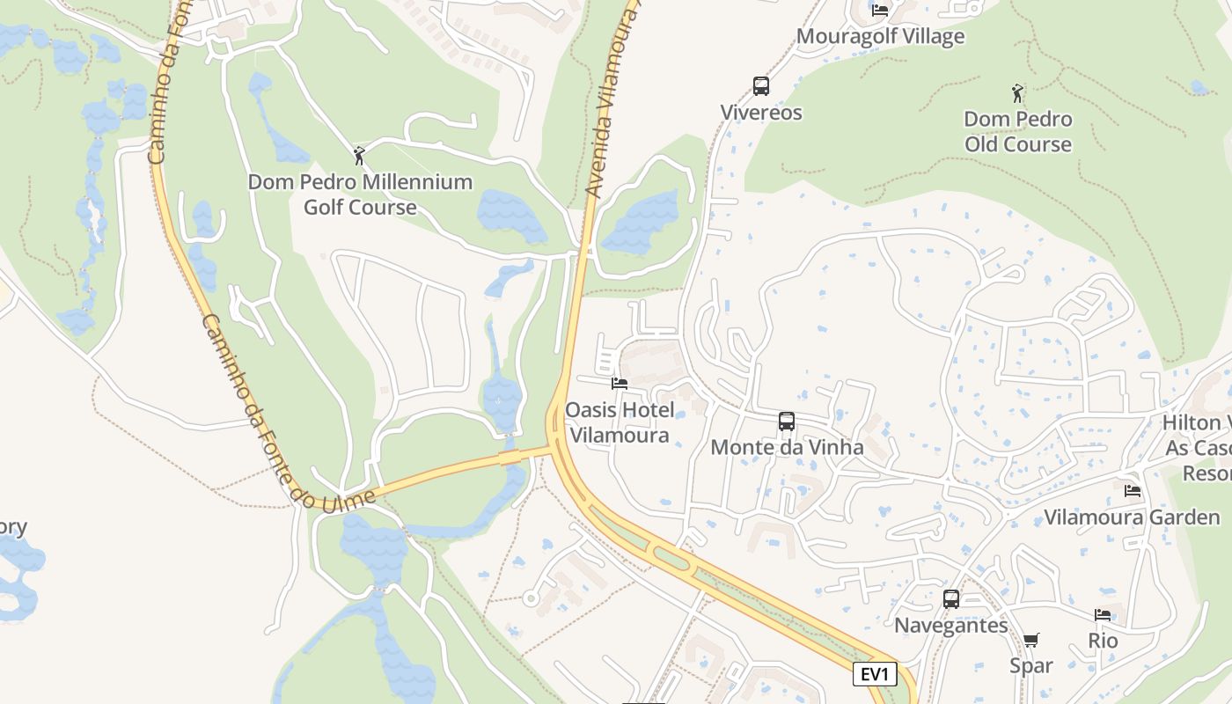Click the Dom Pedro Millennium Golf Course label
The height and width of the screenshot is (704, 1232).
360,194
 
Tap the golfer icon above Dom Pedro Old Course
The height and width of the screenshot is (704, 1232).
1018,92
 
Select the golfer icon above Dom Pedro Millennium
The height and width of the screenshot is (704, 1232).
359,156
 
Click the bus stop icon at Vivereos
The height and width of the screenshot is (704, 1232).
761,86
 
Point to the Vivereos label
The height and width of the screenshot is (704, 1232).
761,113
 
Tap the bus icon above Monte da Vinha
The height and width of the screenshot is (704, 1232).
787,422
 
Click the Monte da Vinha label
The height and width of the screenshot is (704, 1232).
787,447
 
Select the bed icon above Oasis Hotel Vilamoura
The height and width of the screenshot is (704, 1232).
620,384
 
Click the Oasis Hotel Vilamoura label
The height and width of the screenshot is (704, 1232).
620,422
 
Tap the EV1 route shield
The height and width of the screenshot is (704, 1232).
875,675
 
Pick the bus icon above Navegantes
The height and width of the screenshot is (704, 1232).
951,599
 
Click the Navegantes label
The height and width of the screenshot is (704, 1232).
951,626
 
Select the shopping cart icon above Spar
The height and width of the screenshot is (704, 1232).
1031,640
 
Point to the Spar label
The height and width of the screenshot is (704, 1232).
1031,665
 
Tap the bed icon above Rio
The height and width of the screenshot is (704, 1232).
1103,615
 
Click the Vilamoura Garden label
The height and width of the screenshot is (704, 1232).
1132,517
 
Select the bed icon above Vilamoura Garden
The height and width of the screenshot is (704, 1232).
1133,490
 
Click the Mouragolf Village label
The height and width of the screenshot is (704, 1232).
880,36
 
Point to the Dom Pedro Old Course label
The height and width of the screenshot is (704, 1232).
1018,131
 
